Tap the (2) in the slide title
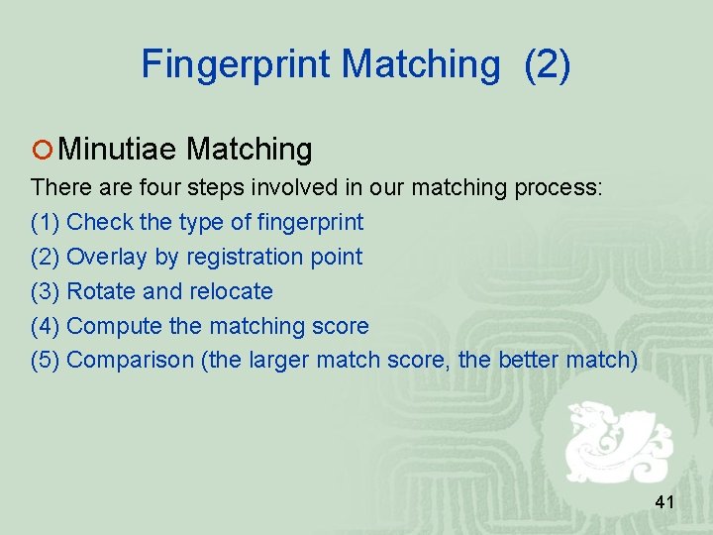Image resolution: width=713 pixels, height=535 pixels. coord(548,64)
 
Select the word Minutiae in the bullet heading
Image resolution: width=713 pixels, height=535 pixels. coord(118,150)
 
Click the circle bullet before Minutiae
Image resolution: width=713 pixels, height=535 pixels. coord(42,151)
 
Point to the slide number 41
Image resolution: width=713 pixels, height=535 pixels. coord(664,503)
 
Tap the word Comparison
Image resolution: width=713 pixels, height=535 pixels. coord(130,360)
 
